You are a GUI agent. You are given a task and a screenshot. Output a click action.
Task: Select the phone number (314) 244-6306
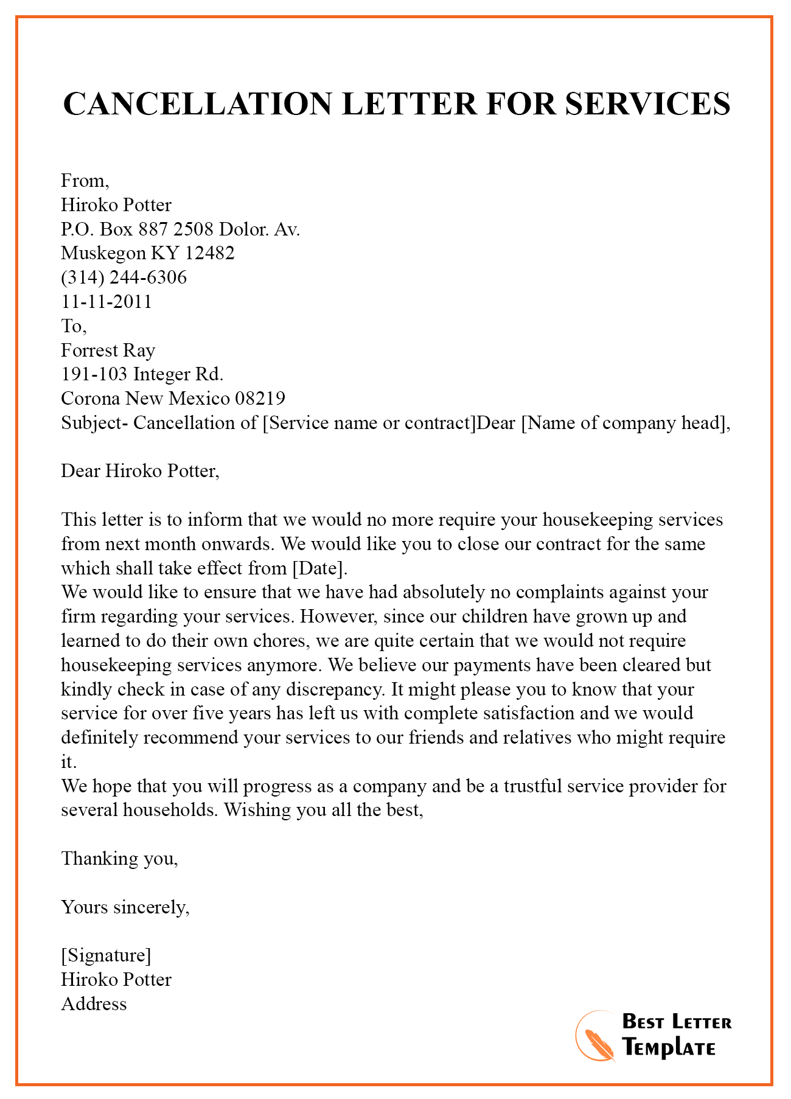(124, 277)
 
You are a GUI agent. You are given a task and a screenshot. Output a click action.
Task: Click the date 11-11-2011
(106, 302)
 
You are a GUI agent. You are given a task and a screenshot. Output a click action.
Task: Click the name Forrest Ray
(108, 351)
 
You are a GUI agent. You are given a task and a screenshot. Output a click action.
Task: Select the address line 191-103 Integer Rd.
(142, 374)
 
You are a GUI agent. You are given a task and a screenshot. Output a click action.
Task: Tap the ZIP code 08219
(260, 399)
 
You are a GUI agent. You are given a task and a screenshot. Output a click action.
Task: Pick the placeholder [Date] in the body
(320, 568)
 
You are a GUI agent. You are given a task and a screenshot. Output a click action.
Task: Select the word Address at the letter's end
(94, 1004)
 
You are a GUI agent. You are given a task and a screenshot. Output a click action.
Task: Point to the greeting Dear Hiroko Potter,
(140, 471)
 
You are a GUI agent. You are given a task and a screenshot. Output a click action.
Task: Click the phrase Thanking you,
(120, 859)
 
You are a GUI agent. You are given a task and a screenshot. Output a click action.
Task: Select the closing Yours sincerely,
(125, 907)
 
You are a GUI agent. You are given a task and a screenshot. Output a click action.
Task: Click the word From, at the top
(85, 181)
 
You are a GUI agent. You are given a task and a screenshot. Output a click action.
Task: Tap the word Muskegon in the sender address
(103, 253)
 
